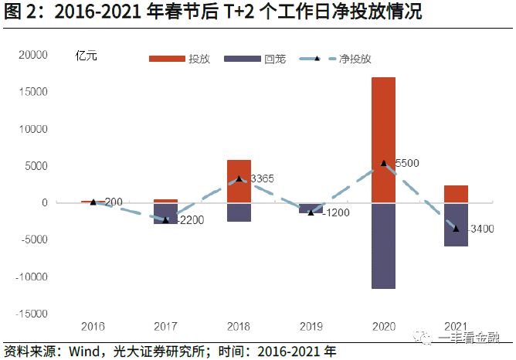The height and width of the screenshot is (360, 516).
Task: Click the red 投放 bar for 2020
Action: [383, 140]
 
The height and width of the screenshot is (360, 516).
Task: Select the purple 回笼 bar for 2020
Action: [383, 246]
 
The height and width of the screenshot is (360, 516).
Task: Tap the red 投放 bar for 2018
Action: [239, 182]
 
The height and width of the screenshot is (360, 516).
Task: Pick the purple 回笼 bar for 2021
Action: [456, 225]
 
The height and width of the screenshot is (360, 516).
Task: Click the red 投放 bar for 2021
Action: [456, 194]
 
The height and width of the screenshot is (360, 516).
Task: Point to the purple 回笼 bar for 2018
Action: [239, 212]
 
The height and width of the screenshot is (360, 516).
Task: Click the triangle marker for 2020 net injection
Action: [383, 163]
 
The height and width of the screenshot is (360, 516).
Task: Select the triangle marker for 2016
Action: [93, 202]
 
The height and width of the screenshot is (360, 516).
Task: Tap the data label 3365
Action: [262, 178]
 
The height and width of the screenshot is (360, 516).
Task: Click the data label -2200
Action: [191, 220]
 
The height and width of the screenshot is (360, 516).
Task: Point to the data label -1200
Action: [336, 212]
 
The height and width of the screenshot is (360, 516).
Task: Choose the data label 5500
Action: [407, 163]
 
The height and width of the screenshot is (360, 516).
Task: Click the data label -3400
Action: [480, 229]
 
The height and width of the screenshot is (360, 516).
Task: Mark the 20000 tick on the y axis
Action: [33, 55]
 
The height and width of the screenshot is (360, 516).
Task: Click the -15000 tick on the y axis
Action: [32, 314]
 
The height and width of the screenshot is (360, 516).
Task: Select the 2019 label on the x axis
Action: [311, 327]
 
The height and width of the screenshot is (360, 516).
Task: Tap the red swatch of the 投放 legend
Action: [167, 59]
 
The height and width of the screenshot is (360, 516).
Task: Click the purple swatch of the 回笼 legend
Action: [243, 59]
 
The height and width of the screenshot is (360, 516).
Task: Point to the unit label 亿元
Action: [87, 56]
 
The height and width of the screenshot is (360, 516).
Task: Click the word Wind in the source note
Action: [84, 352]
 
